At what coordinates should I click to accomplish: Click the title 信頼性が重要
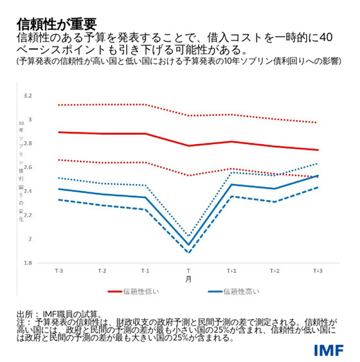click(x=57, y=24)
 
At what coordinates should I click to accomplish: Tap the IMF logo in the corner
click(x=328, y=350)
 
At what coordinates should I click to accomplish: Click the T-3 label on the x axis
click(x=59, y=271)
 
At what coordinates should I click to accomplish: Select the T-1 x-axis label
click(x=145, y=271)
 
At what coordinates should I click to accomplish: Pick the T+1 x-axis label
click(x=231, y=271)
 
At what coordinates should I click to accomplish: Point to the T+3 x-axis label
click(x=318, y=271)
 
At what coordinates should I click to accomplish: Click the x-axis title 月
click(x=188, y=280)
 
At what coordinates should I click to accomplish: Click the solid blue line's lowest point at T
click(x=188, y=245)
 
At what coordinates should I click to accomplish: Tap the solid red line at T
click(x=188, y=146)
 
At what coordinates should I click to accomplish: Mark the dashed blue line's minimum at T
click(x=188, y=253)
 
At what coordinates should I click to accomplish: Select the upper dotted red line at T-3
click(x=59, y=105)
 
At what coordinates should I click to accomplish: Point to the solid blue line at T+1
click(x=231, y=185)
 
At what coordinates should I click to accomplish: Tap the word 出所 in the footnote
click(x=26, y=313)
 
